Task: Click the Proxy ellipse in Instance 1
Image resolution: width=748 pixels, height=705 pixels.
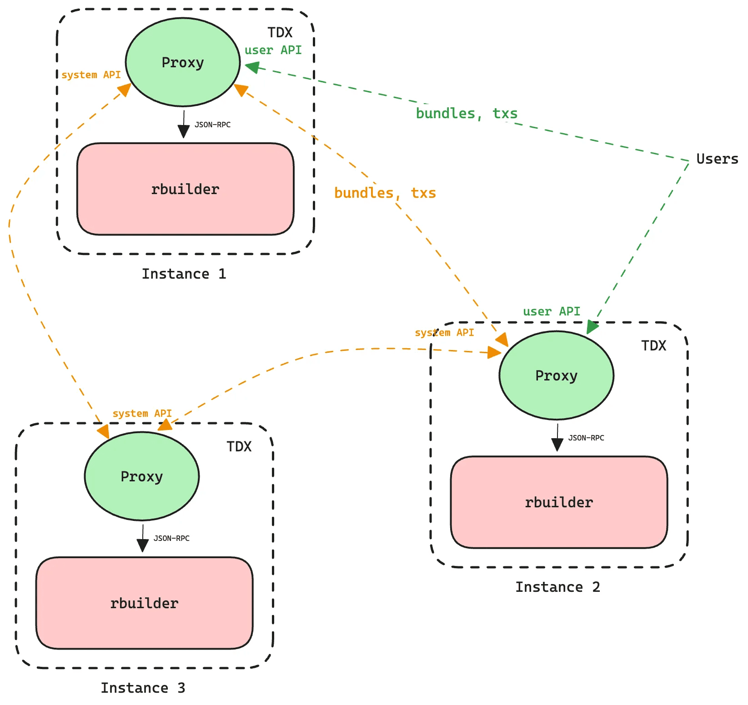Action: (183, 62)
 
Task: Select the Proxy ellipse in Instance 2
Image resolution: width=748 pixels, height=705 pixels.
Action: (556, 375)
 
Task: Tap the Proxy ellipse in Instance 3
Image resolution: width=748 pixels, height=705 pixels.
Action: (142, 476)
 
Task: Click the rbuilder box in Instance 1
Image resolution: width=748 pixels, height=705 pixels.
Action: (185, 189)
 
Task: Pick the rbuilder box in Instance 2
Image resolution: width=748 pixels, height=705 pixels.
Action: (559, 502)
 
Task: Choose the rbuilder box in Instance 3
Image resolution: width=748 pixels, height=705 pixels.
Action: (144, 603)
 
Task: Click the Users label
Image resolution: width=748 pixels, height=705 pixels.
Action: (717, 159)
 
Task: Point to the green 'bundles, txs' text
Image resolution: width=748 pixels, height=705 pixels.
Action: (467, 113)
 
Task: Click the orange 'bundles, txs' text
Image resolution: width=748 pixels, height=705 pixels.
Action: (385, 193)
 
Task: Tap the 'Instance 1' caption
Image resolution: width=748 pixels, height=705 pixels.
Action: (184, 274)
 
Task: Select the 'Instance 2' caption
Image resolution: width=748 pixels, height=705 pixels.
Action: (557, 587)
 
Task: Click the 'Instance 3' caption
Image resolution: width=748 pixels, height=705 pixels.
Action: (143, 688)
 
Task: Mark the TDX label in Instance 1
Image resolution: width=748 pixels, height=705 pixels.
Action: (280, 33)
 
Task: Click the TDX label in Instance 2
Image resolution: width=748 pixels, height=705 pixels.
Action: (653, 346)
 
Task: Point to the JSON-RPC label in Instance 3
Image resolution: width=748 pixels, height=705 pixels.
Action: (171, 538)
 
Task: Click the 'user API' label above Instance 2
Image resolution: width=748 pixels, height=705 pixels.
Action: (551, 311)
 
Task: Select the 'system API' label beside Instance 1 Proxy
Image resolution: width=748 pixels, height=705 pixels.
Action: (91, 75)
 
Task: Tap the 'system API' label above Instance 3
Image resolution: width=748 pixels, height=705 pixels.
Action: (142, 413)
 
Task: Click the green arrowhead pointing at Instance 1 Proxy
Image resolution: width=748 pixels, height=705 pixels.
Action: (251, 67)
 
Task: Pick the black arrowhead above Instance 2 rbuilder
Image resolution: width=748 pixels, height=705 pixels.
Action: (557, 445)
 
